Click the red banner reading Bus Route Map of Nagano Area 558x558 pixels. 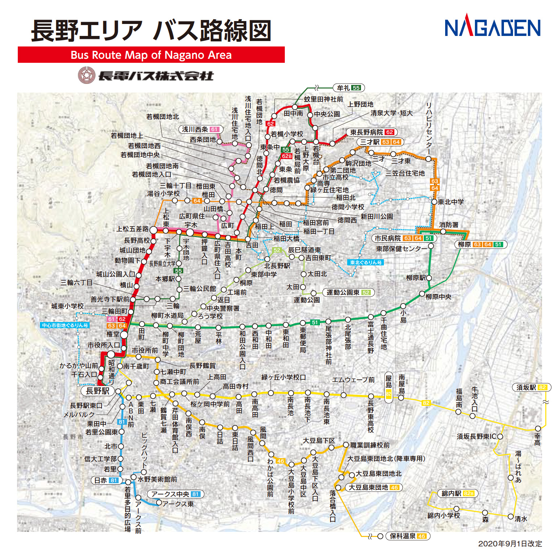click(x=151, y=55)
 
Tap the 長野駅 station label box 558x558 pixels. click(x=98, y=391)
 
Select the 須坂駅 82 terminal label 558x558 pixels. click(x=532, y=387)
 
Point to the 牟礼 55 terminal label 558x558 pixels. click(x=348, y=88)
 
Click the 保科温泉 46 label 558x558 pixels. click(x=408, y=536)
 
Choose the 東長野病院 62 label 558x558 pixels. click(x=372, y=132)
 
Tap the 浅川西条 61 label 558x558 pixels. click(x=200, y=129)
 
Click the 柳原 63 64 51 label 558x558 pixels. click(x=480, y=244)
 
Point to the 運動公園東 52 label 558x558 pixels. click(x=348, y=292)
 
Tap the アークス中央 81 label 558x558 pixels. click(x=176, y=494)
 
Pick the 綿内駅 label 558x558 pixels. click(x=458, y=493)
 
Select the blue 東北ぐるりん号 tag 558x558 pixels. click(x=365, y=262)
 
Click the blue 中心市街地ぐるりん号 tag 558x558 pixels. click(x=65, y=325)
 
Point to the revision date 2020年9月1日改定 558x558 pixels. click(x=510, y=543)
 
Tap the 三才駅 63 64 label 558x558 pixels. click(x=380, y=142)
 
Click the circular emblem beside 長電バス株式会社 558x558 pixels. click(x=87, y=75)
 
